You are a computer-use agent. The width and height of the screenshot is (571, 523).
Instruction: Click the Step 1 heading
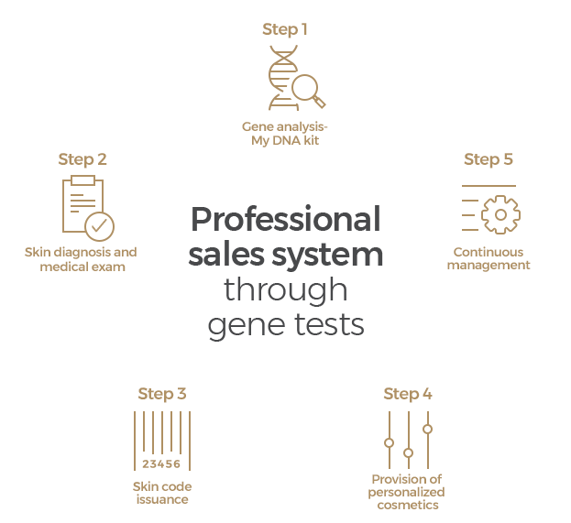point(285,29)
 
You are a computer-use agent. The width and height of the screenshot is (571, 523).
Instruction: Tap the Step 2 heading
point(82,159)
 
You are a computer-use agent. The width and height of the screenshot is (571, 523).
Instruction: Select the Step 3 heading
point(162,394)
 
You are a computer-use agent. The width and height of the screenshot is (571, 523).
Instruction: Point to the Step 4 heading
point(408,394)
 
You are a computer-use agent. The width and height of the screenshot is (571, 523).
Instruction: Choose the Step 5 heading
point(489,159)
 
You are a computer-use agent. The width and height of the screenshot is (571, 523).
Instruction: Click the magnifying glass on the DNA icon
point(305,88)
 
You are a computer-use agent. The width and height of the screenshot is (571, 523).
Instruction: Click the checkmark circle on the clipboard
point(99,224)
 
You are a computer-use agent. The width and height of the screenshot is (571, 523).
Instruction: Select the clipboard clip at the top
point(82,180)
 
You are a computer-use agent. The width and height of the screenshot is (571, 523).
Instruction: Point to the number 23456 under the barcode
point(162,463)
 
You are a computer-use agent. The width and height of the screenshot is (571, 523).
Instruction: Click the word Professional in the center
point(285,221)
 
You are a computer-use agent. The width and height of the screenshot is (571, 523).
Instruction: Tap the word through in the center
point(285,290)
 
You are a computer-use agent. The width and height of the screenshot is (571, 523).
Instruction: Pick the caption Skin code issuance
point(162,493)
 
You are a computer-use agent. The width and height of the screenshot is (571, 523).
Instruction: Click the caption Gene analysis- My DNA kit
point(285,134)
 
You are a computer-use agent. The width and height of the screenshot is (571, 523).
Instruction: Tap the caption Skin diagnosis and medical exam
point(82,259)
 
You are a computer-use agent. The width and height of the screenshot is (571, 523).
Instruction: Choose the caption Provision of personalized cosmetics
point(407,492)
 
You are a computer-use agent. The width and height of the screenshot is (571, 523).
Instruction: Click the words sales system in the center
point(285,255)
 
